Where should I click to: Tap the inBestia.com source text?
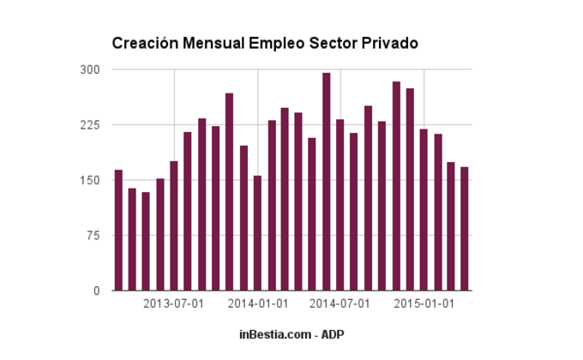point(274,333)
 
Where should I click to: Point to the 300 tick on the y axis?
point(90,69)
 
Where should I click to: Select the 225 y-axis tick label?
point(90,125)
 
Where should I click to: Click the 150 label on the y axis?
point(90,180)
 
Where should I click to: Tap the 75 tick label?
point(93,236)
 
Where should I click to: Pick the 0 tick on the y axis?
point(96,291)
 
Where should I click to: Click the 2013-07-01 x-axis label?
point(173,304)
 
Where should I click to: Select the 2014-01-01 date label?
point(257,304)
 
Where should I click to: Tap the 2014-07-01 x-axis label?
point(340,304)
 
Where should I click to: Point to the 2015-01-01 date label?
point(424,304)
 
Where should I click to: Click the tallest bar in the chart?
point(327,182)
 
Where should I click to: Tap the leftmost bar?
point(118,231)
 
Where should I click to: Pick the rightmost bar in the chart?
point(465,229)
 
